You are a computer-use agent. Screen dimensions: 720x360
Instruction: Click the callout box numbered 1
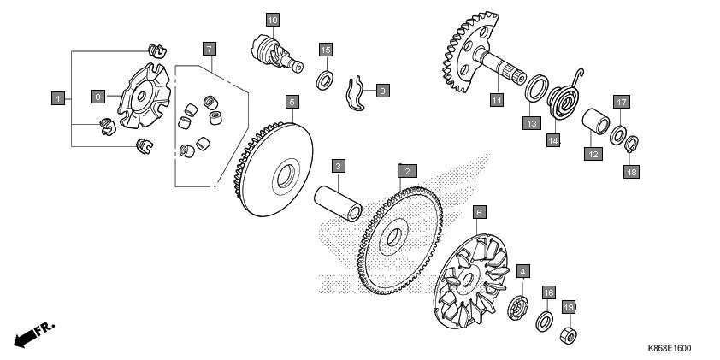point(58,98)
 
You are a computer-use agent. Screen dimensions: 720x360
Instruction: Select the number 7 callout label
point(209,49)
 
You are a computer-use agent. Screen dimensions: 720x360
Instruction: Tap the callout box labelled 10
point(273,20)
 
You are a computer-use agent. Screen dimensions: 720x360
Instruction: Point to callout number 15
point(326,50)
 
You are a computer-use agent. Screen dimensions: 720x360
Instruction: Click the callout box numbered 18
point(631,171)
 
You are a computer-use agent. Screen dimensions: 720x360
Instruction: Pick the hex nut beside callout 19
point(569,336)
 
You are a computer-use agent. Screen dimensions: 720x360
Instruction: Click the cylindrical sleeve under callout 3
point(338,203)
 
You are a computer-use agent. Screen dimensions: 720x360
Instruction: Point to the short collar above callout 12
point(595,121)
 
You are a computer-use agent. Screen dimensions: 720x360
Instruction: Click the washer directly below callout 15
point(325,80)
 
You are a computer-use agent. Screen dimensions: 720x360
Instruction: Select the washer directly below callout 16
point(544,321)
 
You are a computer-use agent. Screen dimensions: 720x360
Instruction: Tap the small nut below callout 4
point(517,309)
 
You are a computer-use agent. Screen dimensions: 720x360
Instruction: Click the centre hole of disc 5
point(285,176)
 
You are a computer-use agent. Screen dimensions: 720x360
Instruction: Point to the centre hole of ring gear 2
point(394,237)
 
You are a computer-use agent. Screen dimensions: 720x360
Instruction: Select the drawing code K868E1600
point(670,349)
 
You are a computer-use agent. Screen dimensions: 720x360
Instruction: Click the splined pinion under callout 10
point(276,54)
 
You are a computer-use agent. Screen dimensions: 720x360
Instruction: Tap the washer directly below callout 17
point(618,134)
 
